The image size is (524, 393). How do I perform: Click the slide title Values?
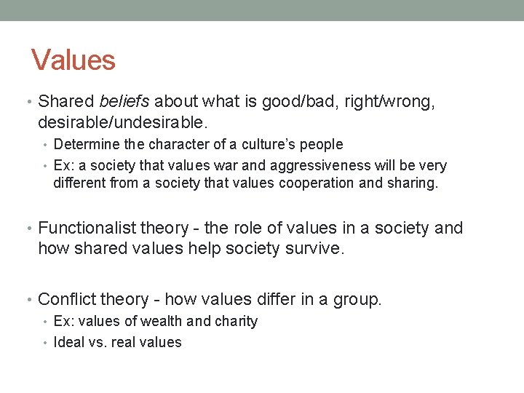74,60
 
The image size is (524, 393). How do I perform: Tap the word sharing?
412,183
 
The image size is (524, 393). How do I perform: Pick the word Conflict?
65,299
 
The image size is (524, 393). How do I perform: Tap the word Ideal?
69,342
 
